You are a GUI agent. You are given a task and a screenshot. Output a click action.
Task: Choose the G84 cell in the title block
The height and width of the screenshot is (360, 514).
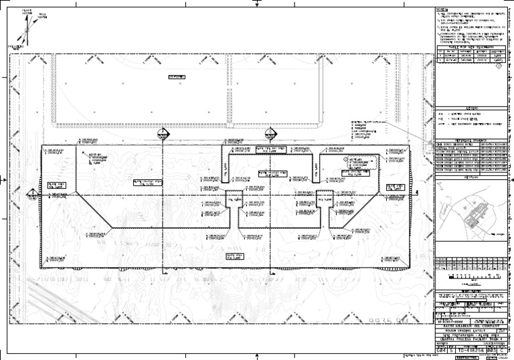tap(440, 349)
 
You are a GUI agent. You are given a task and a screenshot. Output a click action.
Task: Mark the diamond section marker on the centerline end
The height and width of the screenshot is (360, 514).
tap(31, 194)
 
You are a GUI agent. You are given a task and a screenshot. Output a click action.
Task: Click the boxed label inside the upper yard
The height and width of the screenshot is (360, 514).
tap(177, 78)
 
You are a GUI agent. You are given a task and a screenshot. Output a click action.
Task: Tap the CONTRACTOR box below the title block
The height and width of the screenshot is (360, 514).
tap(469, 357)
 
